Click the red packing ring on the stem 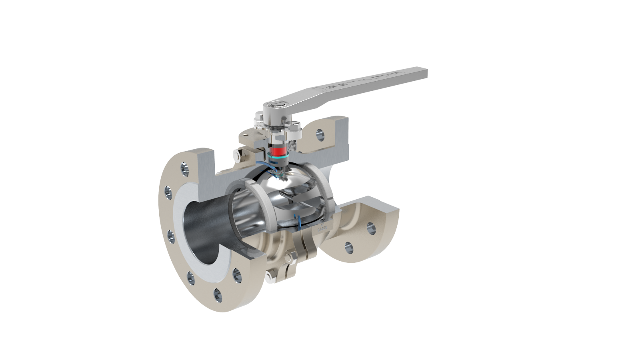(x=278, y=152)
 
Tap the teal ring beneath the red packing (x=277, y=159)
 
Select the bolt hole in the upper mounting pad (x=320, y=134)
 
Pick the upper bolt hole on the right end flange (x=370, y=227)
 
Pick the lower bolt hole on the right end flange (x=348, y=248)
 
